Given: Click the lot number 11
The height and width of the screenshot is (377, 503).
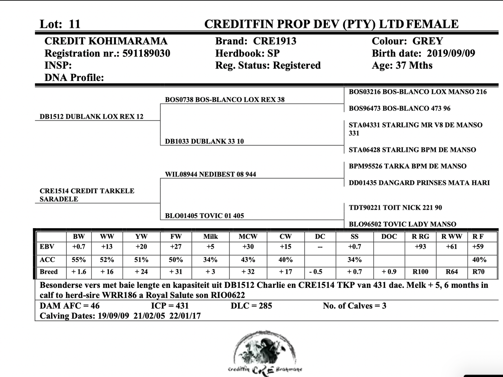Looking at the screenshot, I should (74, 24).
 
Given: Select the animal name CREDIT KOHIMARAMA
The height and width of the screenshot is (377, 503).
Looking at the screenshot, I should (106, 41).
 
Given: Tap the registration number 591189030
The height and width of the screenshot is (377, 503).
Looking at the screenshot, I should (146, 53).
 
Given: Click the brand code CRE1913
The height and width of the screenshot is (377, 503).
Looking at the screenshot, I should (275, 41).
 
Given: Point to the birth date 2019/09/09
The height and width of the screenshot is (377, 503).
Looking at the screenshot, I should (451, 53).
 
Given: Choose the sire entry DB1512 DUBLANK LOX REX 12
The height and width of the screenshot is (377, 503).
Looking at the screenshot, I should (92, 117).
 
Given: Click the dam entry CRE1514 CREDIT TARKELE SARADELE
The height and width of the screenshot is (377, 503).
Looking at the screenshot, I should (87, 195).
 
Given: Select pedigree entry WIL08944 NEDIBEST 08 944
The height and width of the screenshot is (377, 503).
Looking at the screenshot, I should (211, 174).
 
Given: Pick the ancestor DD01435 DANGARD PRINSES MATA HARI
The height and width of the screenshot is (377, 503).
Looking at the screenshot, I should (419, 183).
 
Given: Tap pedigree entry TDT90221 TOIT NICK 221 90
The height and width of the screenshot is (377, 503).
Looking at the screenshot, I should (395, 207).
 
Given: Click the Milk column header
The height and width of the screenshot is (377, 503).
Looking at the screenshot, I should (210, 236).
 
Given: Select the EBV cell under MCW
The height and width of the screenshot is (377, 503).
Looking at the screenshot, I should (248, 247).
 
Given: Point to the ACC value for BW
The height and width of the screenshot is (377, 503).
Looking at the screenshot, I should (79, 260).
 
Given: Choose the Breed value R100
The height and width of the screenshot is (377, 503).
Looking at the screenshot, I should (420, 272).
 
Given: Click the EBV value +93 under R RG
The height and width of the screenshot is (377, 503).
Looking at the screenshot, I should (420, 247).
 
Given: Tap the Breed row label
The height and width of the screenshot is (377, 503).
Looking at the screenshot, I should (49, 272).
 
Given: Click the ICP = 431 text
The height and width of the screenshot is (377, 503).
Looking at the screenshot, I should (170, 306).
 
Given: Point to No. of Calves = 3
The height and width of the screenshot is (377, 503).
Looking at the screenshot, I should (354, 306).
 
